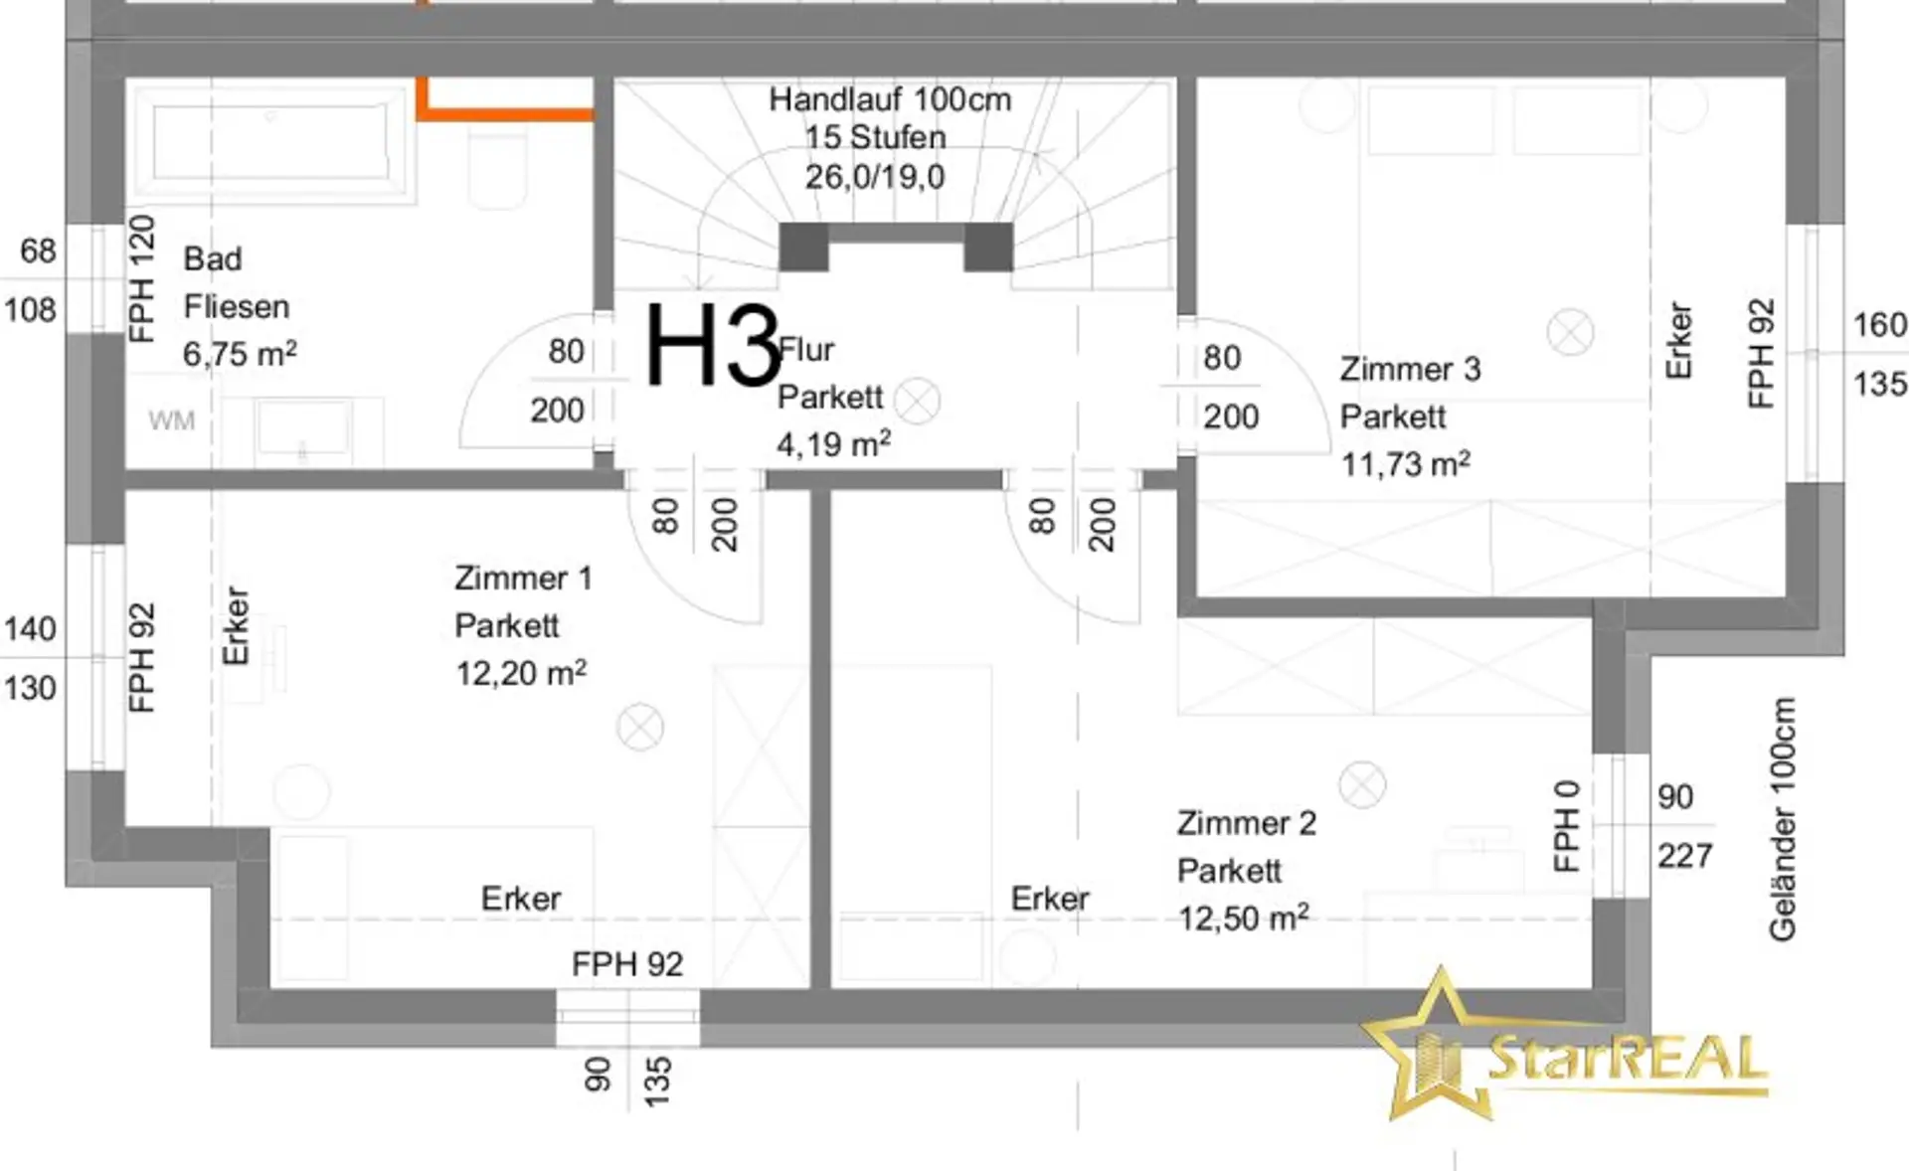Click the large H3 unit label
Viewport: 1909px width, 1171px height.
[713, 346]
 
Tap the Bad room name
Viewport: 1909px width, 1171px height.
[213, 258]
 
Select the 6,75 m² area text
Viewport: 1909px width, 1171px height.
[240, 354]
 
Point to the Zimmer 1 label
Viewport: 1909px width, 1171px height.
[523, 578]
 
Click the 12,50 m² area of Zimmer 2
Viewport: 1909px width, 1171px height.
[1243, 918]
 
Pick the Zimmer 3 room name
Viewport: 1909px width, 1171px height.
[1410, 369]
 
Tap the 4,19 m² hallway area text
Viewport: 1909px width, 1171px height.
[833, 443]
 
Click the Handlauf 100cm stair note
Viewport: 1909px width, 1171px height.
[890, 99]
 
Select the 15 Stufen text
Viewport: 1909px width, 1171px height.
[875, 137]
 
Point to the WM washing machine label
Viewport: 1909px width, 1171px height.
[171, 420]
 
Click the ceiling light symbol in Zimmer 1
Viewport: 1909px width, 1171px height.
[640, 728]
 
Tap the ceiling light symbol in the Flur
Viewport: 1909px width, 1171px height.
[917, 402]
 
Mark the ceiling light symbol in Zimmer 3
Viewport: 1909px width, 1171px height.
[1571, 332]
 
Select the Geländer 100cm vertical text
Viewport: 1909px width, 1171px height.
[1783, 819]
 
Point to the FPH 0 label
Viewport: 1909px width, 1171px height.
[1566, 826]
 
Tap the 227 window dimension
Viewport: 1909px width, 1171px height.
[1684, 856]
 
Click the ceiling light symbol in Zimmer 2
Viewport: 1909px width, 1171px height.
[1362, 784]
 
